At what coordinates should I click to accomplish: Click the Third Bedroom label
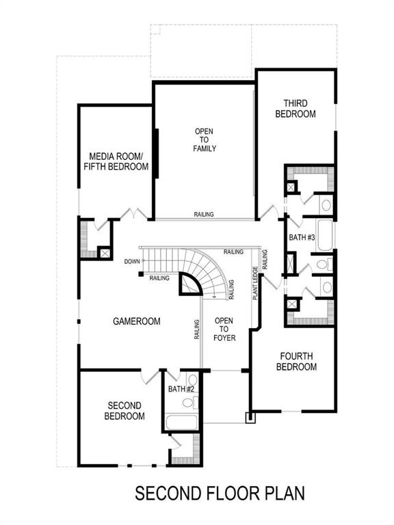[x=295, y=109]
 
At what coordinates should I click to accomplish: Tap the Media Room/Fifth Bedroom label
[x=116, y=161]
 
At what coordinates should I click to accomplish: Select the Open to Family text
[x=205, y=139]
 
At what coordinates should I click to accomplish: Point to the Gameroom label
[x=137, y=321]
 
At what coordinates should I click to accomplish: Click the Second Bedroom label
[x=124, y=410]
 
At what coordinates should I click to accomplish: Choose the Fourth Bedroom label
[x=296, y=361]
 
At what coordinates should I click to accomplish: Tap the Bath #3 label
[x=302, y=237]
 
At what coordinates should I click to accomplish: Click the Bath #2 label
[x=181, y=390]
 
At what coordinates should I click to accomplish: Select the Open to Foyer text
[x=224, y=329]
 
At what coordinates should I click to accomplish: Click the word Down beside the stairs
[x=132, y=262]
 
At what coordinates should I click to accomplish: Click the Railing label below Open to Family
[x=204, y=214]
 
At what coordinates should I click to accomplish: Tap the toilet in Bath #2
[x=192, y=381]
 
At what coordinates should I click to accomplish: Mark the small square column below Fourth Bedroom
[x=251, y=416]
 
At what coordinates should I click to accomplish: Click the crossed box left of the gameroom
[x=104, y=252]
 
